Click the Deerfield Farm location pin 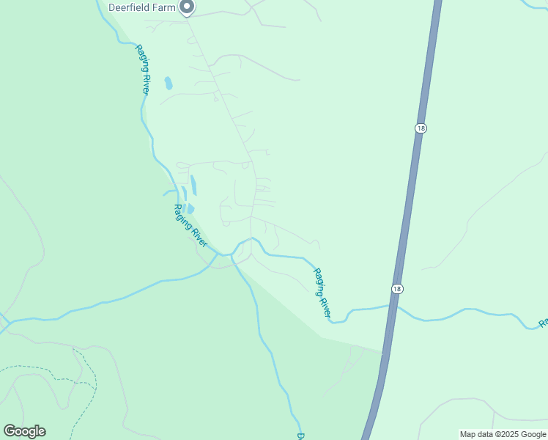pyautogui.click(x=187, y=7)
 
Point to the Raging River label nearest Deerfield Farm pyautogui.click(x=142, y=69)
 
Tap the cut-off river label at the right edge pyautogui.click(x=544, y=323)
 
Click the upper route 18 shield pyautogui.click(x=420, y=128)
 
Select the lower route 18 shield pyautogui.click(x=396, y=288)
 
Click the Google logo pyautogui.click(x=24, y=431)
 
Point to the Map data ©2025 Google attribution pyautogui.click(x=503, y=434)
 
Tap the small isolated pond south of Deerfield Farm pyautogui.click(x=169, y=83)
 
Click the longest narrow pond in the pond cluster pyautogui.click(x=193, y=185)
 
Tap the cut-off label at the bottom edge pyautogui.click(x=300, y=436)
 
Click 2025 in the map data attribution pyautogui.click(x=506, y=434)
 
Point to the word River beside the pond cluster pyautogui.click(x=199, y=237)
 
